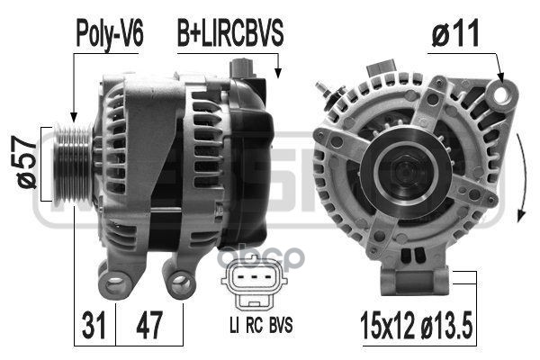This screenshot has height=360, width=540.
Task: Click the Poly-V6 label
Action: (x=110, y=34)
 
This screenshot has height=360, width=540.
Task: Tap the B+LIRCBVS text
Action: (x=230, y=33)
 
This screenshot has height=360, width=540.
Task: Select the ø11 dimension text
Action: (x=455, y=33)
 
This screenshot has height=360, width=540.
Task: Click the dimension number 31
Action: (x=94, y=325)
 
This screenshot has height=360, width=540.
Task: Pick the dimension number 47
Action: (x=148, y=325)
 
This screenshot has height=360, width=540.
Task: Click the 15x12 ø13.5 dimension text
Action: (x=416, y=325)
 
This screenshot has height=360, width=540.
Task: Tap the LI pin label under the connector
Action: (x=234, y=325)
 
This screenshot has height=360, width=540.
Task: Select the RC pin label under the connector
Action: (x=254, y=325)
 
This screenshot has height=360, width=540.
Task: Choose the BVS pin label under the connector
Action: (x=281, y=325)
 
